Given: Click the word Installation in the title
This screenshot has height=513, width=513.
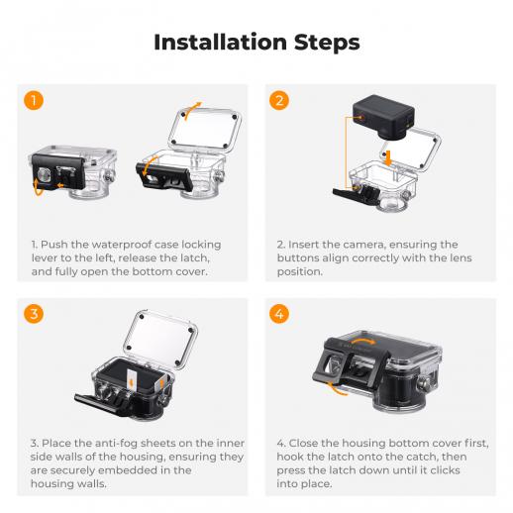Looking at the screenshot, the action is (x=220, y=43).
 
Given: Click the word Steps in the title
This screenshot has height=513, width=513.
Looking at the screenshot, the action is (x=327, y=43).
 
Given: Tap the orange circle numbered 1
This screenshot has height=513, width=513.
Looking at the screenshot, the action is (x=34, y=100).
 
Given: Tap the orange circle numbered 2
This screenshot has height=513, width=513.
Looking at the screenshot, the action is (x=279, y=100).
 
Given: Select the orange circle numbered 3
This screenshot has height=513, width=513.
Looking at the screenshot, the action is (x=34, y=314).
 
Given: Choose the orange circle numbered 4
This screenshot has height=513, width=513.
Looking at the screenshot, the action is (x=279, y=314).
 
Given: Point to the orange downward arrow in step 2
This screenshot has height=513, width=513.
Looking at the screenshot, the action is (x=389, y=158).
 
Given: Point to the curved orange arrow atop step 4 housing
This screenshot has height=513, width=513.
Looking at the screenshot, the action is (x=363, y=341).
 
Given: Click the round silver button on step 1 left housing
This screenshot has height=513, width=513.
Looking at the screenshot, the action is (x=44, y=174).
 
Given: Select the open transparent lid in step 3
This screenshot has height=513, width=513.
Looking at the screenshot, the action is (x=160, y=336).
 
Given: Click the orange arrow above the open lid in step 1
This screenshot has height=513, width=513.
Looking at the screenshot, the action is (x=192, y=110).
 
